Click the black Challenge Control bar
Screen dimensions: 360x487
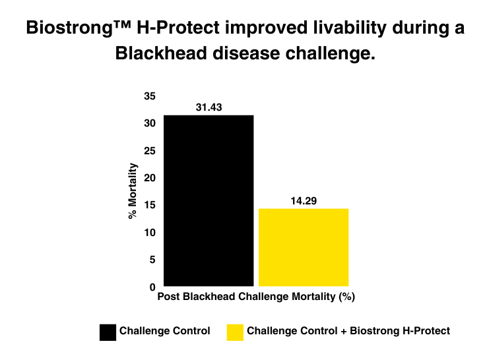coord(209,200)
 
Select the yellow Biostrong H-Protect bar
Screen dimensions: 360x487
coord(304,247)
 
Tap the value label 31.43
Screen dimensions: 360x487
coord(209,107)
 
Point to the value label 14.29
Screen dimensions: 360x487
coord(304,200)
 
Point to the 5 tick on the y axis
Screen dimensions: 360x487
coord(152,260)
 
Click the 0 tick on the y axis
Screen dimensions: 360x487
coord(152,287)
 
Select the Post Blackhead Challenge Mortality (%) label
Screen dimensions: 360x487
coord(256,297)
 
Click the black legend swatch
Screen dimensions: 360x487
coord(106,332)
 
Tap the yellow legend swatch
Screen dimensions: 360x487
coord(234,332)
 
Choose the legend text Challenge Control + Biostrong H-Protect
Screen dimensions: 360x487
coord(348,331)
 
